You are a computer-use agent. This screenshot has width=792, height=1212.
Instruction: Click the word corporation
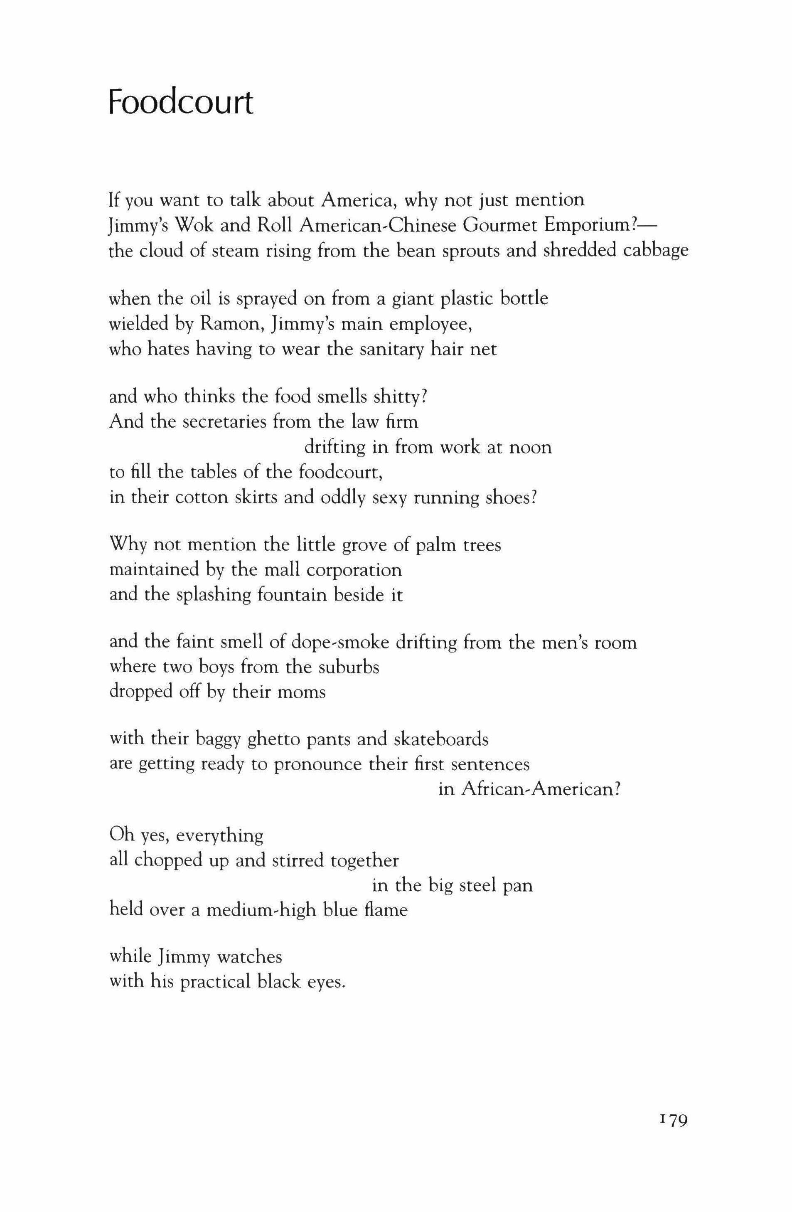tap(354, 570)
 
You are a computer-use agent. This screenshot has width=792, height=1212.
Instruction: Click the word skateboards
tap(441, 739)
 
